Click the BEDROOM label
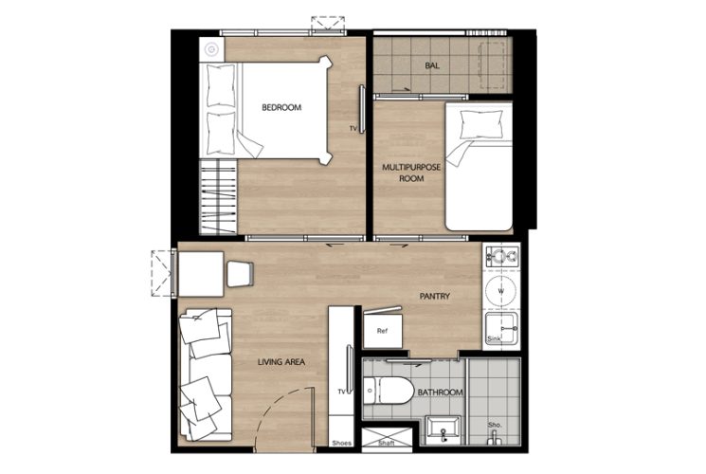coord(281,108)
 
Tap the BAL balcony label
coord(432,65)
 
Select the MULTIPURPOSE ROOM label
coord(411,173)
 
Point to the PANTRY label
coord(434,297)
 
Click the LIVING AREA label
coord(281,362)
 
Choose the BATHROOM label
coord(440,392)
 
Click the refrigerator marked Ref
coord(382,330)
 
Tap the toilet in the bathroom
coord(389,391)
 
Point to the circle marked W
coord(500,291)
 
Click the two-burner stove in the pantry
coord(501,257)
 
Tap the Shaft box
coord(387,440)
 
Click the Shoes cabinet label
coord(341,444)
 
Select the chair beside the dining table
coord(240,274)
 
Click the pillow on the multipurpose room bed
coord(480,125)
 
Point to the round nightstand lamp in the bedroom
coord(211,49)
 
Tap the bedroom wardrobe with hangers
coord(218,197)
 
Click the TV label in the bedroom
coord(353,129)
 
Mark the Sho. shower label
coord(495,426)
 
